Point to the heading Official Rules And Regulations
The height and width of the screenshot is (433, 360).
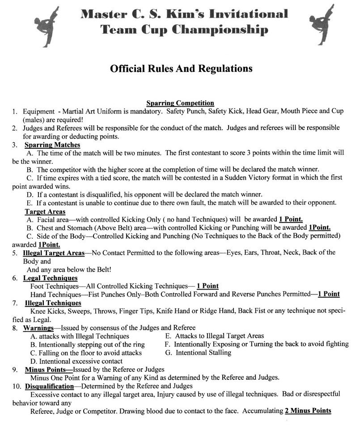[181, 69]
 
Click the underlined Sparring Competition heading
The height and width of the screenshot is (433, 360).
[180, 103]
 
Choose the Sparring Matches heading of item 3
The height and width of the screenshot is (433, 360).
[52, 145]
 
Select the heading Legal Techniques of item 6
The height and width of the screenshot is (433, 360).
[51, 278]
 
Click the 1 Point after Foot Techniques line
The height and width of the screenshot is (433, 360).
[208, 286]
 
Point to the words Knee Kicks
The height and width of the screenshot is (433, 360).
[45, 311]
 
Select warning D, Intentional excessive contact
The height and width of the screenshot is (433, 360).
[76, 361]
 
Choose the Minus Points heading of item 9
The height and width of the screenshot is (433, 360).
[48, 369]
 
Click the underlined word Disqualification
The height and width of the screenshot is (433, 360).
[49, 386]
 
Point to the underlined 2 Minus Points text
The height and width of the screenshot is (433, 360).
[308, 411]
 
